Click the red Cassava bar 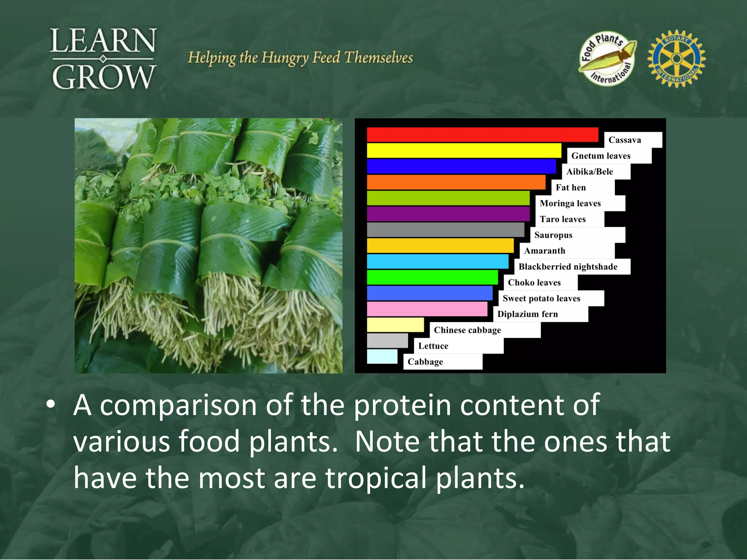click(x=482, y=135)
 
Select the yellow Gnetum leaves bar click(x=464, y=151)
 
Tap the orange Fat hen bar click(x=456, y=182)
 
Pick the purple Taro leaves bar click(x=448, y=214)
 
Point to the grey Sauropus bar click(x=445, y=230)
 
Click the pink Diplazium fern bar click(x=427, y=309)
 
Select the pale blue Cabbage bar click(x=382, y=357)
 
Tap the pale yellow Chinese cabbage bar click(x=395, y=324)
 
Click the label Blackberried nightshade click(x=568, y=267)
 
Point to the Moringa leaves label click(x=570, y=203)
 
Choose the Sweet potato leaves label click(x=541, y=299)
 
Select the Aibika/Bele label click(x=589, y=172)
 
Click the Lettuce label click(x=433, y=346)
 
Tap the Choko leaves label click(x=534, y=283)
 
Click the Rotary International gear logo click(x=676, y=59)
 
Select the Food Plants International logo click(x=607, y=58)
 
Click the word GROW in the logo click(x=104, y=77)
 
